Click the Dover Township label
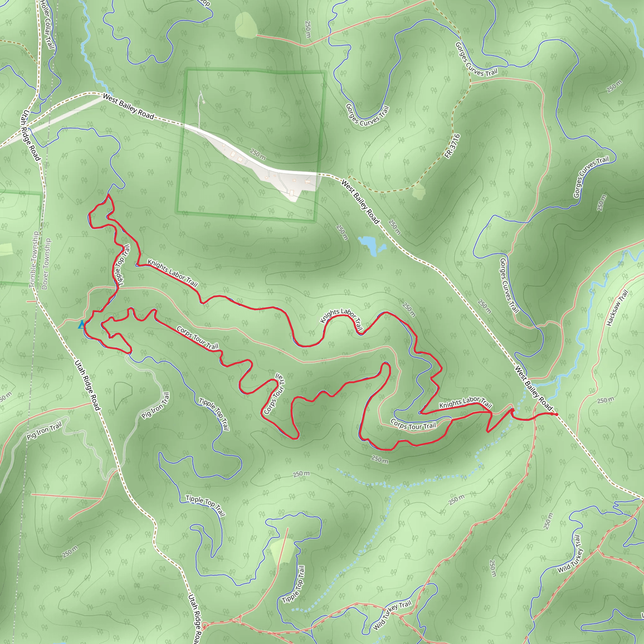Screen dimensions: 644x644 (x=46, y=264)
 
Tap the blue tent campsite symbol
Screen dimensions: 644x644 (x=81, y=324)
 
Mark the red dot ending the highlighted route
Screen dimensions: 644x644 (x=556, y=414)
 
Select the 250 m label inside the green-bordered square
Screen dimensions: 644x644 (x=258, y=154)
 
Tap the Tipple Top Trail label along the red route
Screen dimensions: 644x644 (x=122, y=265)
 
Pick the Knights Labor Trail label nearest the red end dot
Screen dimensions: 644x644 (x=465, y=402)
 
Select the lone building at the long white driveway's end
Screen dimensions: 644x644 (x=203, y=102)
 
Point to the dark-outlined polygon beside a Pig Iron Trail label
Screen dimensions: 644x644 (x=122, y=395)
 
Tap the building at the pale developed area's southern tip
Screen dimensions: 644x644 (x=292, y=193)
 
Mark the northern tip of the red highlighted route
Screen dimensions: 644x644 (x=108, y=195)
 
